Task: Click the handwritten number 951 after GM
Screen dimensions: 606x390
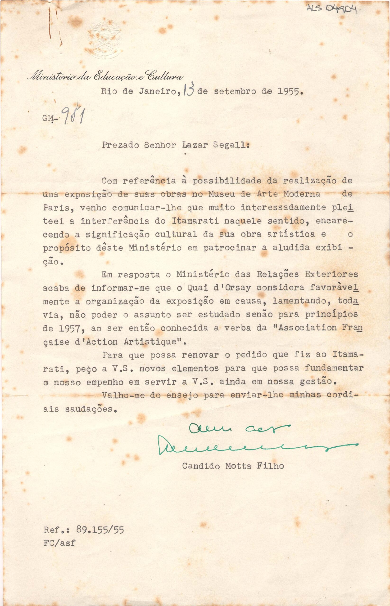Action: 74,117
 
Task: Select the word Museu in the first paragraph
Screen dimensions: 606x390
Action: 220,194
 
